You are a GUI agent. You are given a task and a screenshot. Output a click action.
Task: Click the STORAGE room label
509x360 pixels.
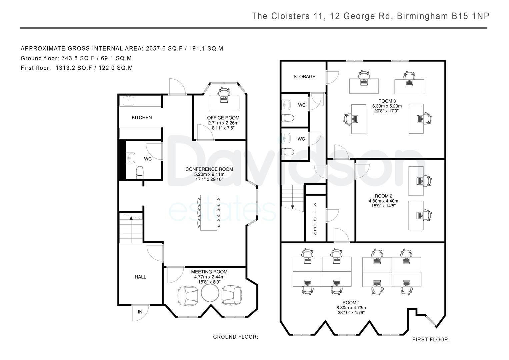(x=304, y=77)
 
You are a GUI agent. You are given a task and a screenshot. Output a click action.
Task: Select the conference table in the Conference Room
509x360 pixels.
(x=209, y=213)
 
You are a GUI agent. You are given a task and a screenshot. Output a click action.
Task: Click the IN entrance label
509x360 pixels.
(x=140, y=312)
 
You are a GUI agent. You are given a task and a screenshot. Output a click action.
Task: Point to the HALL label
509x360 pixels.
(x=140, y=277)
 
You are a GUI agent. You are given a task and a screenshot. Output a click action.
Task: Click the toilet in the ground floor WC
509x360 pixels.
(x=140, y=173)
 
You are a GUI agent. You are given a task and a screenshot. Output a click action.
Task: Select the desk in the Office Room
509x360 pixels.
(x=224, y=103)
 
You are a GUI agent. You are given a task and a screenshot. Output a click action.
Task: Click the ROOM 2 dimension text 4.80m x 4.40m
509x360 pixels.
(x=384, y=201)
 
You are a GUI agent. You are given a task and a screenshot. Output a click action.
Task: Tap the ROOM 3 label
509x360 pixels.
(x=387, y=101)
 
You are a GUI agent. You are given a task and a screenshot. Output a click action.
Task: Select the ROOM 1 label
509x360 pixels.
(x=351, y=303)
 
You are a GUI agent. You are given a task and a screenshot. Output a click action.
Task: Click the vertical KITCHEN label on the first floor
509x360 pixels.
(x=315, y=219)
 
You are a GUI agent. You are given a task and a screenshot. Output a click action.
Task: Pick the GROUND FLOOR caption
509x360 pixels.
(x=235, y=337)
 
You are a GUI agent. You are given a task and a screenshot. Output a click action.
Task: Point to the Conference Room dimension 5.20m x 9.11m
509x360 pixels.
(x=209, y=174)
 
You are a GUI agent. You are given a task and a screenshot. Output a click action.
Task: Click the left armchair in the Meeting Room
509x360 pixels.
(x=187, y=296)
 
